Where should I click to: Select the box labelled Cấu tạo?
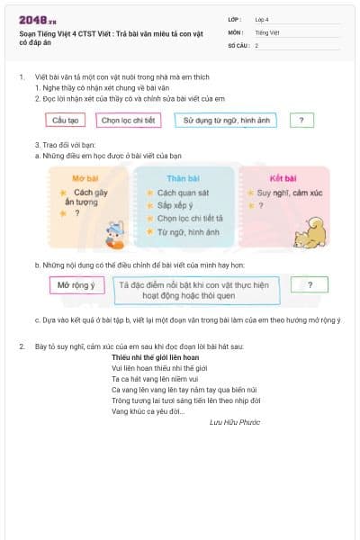pos(66,120)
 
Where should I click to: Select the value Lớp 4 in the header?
pos(262,19)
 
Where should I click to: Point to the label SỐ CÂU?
pos(238,45)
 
